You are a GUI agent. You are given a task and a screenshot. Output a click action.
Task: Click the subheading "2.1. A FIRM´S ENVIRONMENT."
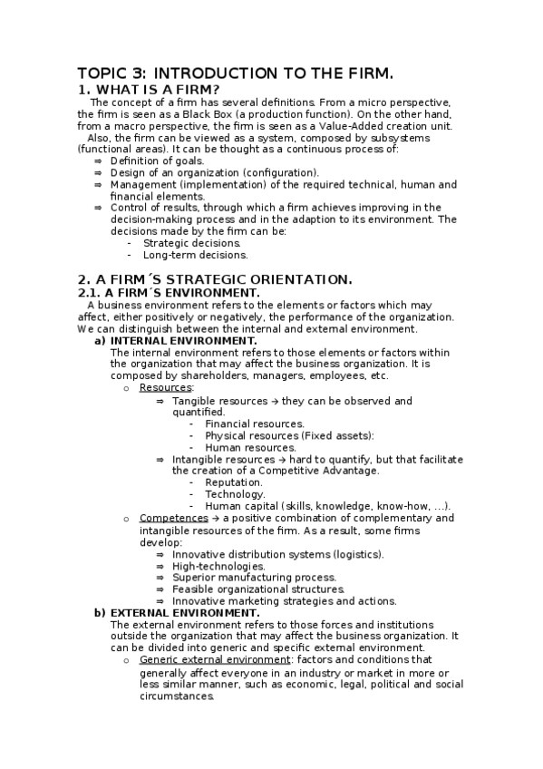(168, 293)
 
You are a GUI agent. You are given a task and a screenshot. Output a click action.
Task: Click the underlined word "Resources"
(160, 388)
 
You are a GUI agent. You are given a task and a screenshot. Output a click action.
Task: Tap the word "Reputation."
(234, 482)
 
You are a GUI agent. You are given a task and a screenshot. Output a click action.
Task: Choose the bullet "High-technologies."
(218, 566)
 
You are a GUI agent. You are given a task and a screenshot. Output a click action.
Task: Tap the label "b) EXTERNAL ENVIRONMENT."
(177, 613)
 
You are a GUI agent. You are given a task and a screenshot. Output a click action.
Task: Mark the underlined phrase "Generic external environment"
(208, 660)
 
